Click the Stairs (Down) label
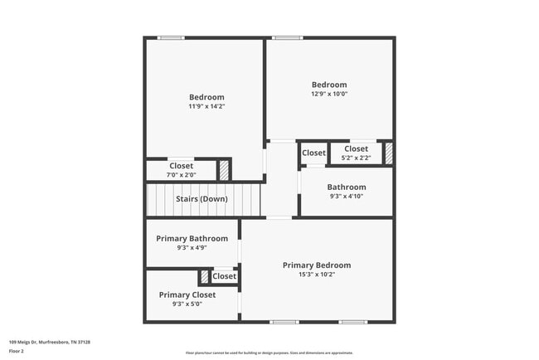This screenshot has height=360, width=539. (x=202, y=199)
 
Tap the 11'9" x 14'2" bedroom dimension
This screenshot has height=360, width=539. (x=206, y=106)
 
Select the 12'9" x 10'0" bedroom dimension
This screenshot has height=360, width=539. (x=329, y=94)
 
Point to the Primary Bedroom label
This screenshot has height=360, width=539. (x=317, y=265)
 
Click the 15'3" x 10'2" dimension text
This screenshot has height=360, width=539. (x=317, y=275)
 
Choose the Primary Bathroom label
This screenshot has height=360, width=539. (x=192, y=239)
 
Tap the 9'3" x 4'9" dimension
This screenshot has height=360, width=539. (x=192, y=248)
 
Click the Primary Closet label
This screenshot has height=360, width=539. (x=187, y=294)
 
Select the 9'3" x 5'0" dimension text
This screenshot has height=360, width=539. (x=187, y=304)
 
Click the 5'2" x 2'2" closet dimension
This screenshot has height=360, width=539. (x=356, y=158)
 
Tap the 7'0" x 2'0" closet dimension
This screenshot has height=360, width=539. (x=181, y=174)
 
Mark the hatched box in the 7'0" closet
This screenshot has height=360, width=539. (x=223, y=170)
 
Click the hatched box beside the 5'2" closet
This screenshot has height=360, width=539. (x=387, y=153)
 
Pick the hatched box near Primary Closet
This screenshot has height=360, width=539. (x=204, y=277)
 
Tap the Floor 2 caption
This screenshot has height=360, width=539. (x=17, y=351)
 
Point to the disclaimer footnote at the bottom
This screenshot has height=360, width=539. (x=269, y=353)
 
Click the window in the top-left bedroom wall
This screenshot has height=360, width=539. (x=171, y=37)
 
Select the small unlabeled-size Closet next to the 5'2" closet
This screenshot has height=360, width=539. (x=313, y=153)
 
